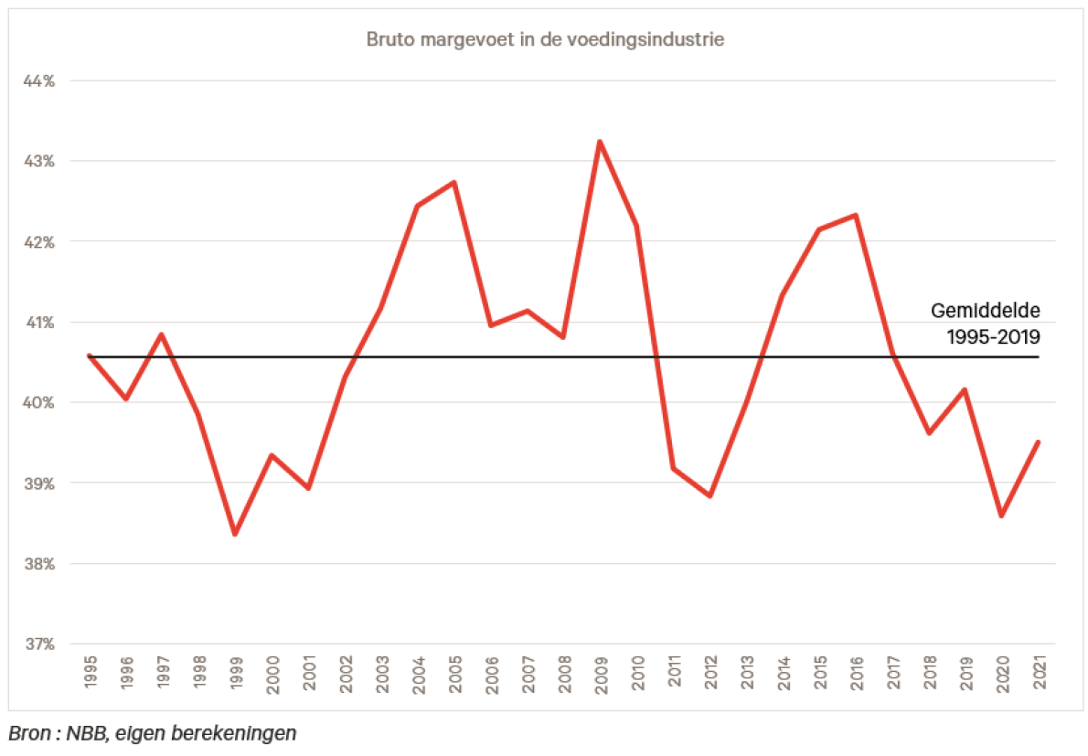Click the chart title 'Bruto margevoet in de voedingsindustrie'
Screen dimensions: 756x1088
point(546,40)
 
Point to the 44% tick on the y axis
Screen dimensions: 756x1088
point(38,81)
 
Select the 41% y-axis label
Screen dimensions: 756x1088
point(38,323)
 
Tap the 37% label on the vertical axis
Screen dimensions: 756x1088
point(38,644)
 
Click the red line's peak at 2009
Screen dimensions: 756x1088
point(600,142)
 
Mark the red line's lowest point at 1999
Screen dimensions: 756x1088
point(235,534)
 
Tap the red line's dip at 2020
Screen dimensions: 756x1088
point(1001,516)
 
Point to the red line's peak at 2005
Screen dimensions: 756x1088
point(454,183)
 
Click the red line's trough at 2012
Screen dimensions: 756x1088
point(709,495)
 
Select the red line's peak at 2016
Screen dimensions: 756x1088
point(855,216)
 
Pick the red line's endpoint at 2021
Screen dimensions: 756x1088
point(1038,442)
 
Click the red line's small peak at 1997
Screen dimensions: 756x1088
point(162,335)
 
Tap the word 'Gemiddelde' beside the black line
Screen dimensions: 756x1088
point(986,310)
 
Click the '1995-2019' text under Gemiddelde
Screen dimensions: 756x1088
point(994,335)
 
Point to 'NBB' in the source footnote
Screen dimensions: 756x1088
point(90,733)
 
